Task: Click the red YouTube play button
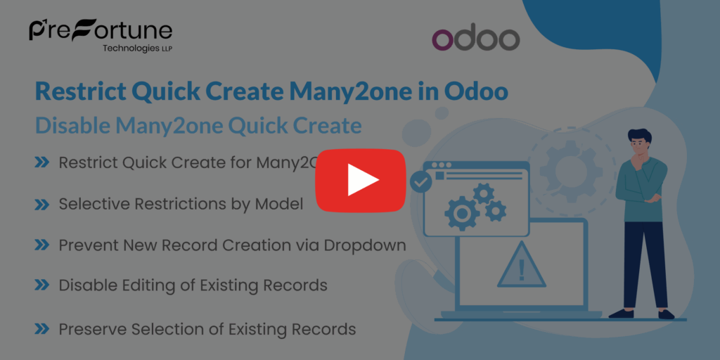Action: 360,181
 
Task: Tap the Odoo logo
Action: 475,39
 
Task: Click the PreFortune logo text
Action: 100,31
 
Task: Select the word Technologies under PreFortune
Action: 129,49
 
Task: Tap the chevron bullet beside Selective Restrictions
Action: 41,204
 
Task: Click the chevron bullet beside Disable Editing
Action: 41,285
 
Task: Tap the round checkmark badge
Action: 420,182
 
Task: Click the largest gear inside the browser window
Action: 462,210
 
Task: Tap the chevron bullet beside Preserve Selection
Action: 41,328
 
